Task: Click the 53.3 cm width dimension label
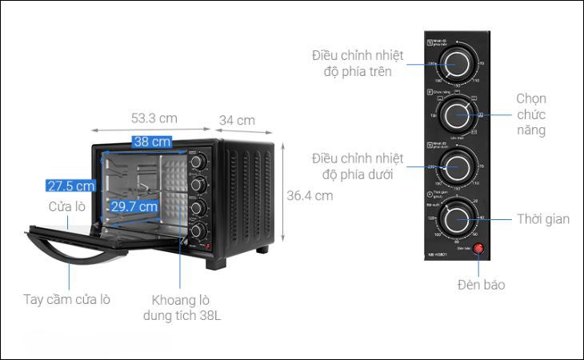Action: click(154, 118)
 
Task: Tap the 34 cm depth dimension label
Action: click(237, 120)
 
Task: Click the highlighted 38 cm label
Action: click(151, 142)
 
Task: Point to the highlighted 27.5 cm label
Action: click(70, 186)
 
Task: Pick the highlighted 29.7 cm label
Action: click(134, 206)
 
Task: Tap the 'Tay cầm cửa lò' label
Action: click(66, 300)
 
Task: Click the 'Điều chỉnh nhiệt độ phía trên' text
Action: click(358, 64)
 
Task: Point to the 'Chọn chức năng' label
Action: click(530, 114)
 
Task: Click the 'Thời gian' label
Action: click(542, 218)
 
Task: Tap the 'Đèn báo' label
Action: click(481, 284)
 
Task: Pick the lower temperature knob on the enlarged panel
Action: click(457, 166)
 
